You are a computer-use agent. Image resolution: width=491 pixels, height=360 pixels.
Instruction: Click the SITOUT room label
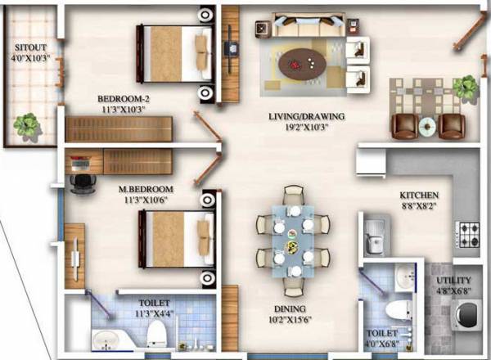(x=29, y=47)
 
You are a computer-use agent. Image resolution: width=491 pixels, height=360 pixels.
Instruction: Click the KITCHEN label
(x=419, y=196)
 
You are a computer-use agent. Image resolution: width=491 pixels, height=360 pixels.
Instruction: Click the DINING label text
(x=291, y=309)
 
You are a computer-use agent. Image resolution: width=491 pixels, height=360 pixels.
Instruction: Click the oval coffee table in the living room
(x=302, y=61)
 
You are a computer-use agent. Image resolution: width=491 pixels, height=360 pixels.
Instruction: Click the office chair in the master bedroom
(x=79, y=183)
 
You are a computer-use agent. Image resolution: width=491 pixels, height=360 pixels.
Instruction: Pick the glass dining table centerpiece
(x=291, y=242)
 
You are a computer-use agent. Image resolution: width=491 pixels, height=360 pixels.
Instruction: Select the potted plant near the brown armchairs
(x=466, y=85)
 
